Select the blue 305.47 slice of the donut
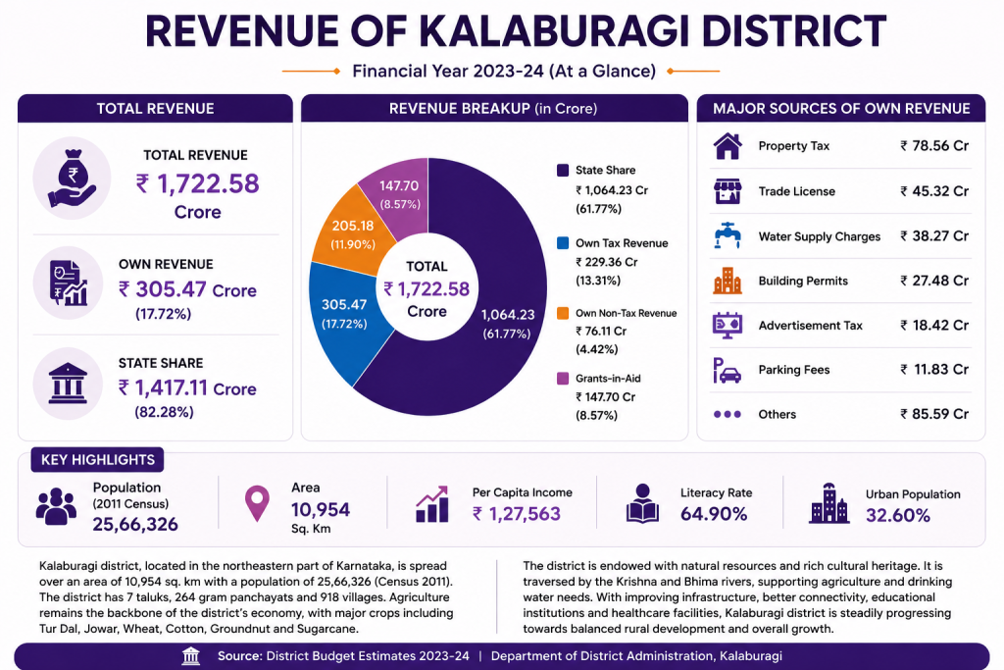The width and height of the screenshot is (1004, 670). pos(346,320)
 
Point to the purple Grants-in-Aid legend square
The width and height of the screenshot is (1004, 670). pos(563,379)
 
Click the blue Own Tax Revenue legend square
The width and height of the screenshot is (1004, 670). pos(563,243)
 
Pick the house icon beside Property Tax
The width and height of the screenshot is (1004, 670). pos(728,146)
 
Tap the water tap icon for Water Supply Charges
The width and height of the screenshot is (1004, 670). pos(728,235)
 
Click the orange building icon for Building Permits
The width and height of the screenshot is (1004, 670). pos(728,281)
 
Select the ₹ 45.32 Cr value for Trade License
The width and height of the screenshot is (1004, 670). pos(934,191)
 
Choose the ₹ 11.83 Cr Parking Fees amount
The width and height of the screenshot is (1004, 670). pos(934,370)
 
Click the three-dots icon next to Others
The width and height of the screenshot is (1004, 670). pos(728,414)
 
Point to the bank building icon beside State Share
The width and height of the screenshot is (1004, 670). pos(68,383)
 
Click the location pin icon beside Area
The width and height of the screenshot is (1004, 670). pos(258,503)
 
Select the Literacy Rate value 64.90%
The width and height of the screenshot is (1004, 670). pos(714,514)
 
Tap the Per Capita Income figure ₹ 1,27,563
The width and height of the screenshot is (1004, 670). pos(517,514)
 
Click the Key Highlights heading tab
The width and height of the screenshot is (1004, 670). pos(97,460)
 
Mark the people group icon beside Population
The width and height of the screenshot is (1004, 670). pos(56,506)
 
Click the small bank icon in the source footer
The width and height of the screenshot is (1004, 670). pos(191,656)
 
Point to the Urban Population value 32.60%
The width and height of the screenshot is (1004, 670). pos(898,516)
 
